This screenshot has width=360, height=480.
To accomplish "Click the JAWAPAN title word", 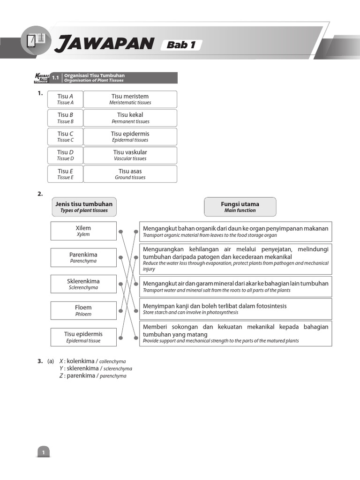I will [104, 44].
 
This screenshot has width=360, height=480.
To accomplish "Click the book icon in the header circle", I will [36, 41].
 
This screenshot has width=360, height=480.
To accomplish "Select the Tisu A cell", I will [65, 99].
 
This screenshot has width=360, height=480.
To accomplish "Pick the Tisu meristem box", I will [130, 99].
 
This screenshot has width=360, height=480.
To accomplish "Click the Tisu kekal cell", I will [130, 118].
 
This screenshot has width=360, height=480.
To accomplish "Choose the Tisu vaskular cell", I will [130, 155].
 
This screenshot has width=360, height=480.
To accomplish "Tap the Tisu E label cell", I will [65, 174].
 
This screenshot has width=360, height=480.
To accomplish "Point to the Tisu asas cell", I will [130, 174].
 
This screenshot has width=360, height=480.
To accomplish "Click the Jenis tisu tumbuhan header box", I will [84, 207].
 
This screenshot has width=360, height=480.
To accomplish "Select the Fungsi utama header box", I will [240, 207].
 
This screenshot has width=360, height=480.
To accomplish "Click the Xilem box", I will [83, 231].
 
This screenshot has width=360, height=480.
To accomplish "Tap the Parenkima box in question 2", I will [83, 257].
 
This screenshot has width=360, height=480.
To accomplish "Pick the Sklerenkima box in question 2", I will [83, 284].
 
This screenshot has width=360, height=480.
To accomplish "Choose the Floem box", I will [83, 310].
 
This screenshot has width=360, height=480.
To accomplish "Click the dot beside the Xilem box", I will [121, 231].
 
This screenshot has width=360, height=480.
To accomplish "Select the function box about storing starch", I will [235, 309].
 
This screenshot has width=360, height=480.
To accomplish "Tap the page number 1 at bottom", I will [43, 452].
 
